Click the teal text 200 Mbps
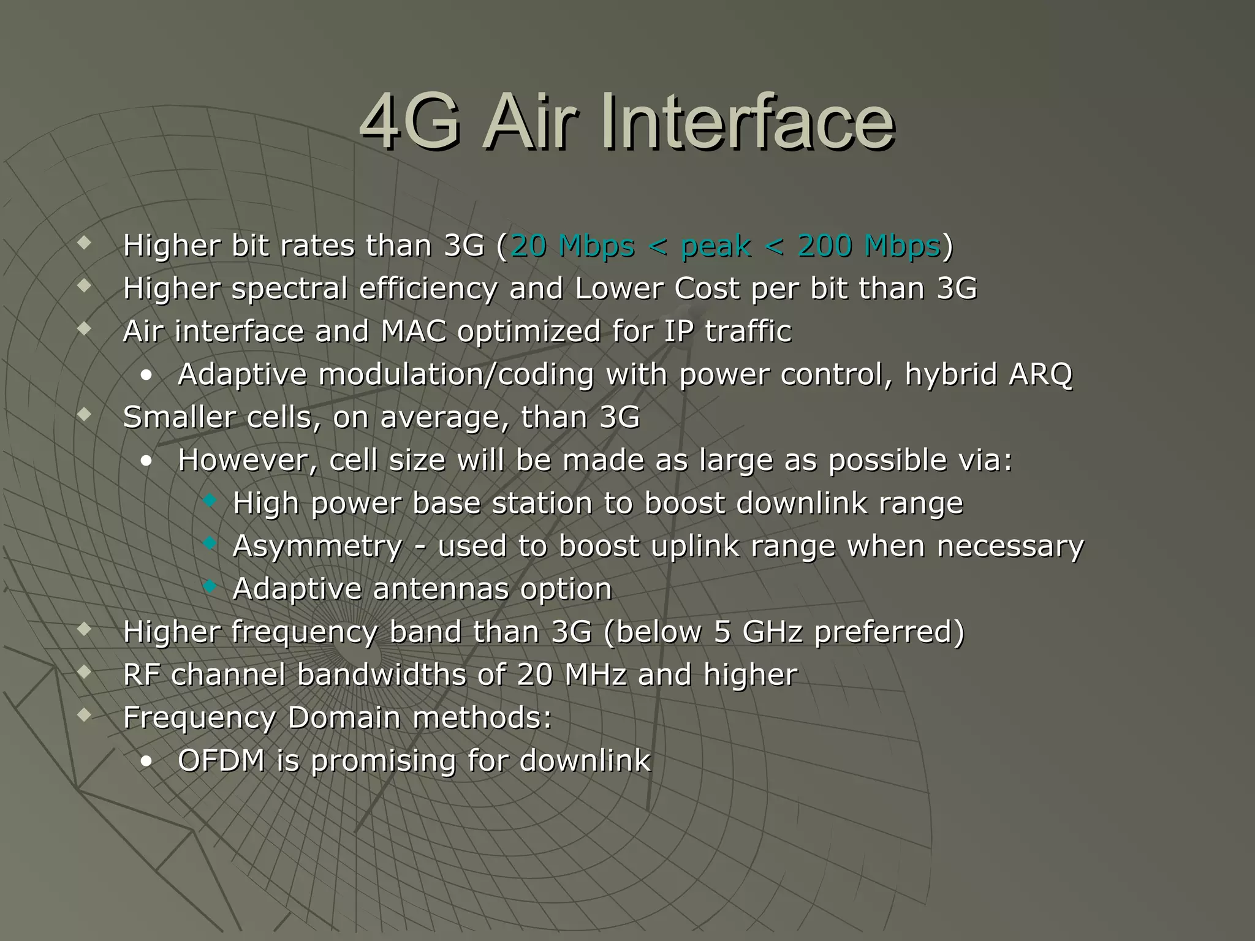[x=869, y=246]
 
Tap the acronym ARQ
[x=1040, y=374]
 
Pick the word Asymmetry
[x=317, y=546]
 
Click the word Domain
[x=344, y=717]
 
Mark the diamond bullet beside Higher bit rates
[x=85, y=244]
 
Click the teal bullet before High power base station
[x=210, y=501]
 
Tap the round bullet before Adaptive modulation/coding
[x=146, y=376]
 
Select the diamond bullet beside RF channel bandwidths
[x=85, y=673]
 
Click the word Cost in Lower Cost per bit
[x=707, y=289]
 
